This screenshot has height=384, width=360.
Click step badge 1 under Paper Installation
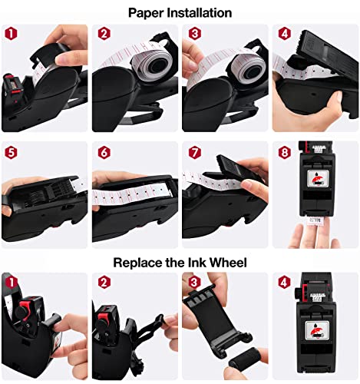coord(11,35)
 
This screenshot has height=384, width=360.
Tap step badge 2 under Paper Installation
coord(102,35)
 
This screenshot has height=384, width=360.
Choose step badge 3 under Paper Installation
coord(193,35)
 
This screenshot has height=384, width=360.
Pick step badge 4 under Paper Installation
coord(283,35)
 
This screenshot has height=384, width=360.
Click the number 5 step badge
coord(11,151)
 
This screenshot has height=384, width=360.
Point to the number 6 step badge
coord(102,151)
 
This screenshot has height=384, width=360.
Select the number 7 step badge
coord(193,151)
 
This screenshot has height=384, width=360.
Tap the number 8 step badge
coord(283,151)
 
